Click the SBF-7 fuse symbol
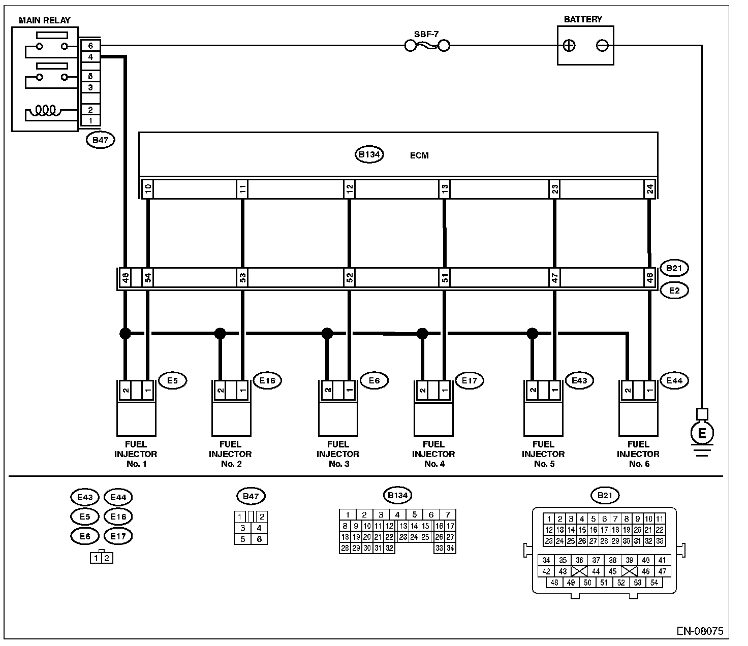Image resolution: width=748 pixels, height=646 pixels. tap(427, 46)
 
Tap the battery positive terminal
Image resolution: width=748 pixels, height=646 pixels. tap(569, 46)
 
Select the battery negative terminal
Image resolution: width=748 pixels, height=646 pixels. tap(602, 46)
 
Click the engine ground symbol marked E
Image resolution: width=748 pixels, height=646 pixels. tap(702, 433)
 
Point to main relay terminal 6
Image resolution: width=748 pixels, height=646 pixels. tap(90, 46)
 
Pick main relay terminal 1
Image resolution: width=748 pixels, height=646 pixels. tap(90, 120)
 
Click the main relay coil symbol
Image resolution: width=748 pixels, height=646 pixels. tap(45, 110)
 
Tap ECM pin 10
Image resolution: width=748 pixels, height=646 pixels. tap(148, 189)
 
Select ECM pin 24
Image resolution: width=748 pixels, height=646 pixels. tap(650, 189)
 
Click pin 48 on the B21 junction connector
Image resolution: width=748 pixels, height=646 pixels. tap(125, 278)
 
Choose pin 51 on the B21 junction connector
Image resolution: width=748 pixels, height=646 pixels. tap(445, 278)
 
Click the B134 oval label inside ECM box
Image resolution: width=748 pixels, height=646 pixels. tap(369, 154)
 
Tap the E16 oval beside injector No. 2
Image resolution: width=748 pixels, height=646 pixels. tap(267, 380)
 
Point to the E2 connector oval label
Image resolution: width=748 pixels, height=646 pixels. tap(674, 290)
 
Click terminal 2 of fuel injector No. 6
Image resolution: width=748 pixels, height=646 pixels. tap(628, 390)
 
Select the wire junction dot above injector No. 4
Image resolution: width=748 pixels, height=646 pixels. tap(422, 333)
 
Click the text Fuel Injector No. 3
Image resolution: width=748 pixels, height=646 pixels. tap(338, 454)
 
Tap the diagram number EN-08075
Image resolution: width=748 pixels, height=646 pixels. tap(700, 631)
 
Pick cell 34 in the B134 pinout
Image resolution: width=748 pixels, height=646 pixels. tap(450, 548)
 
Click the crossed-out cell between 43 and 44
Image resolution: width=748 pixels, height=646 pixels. tap(579, 571)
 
